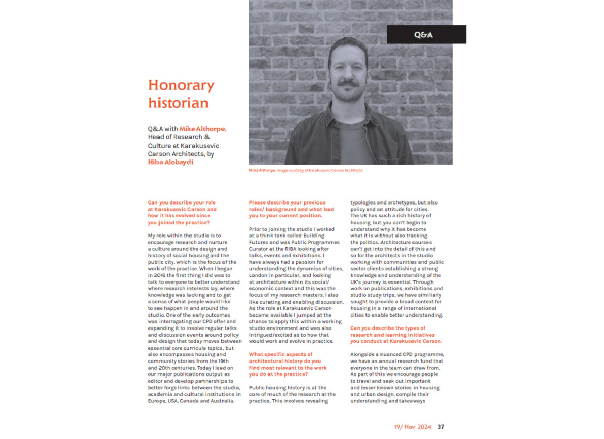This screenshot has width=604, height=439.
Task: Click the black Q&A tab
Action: coord(426,35)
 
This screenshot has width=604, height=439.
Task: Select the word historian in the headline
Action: coord(178,102)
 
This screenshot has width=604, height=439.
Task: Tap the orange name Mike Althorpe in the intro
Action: coord(202,129)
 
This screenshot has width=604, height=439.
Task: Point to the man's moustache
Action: coord(347,82)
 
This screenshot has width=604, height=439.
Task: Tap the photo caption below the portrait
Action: coord(306,170)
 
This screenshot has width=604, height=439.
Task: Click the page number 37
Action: coord(441,427)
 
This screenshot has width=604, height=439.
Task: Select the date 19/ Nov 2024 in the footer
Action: coord(412,427)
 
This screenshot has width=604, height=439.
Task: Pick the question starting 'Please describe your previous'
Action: coord(292,209)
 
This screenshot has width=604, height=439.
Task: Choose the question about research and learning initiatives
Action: coord(396,335)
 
